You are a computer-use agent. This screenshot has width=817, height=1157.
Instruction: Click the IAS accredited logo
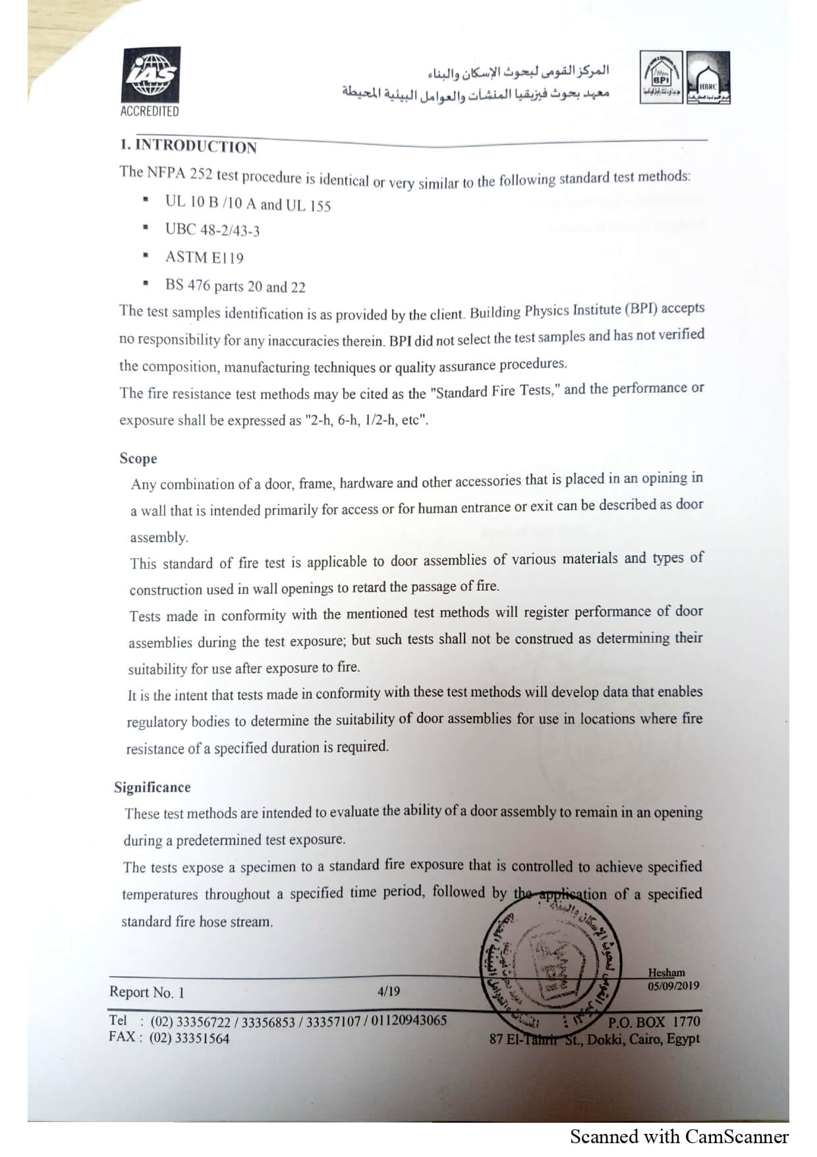pos(151,75)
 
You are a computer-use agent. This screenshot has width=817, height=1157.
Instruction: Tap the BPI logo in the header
pos(661,78)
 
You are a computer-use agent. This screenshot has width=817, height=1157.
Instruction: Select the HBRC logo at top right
pos(708,78)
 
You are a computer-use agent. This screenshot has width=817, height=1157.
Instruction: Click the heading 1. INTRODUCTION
pos(188,146)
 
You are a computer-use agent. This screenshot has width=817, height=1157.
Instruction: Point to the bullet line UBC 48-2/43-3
pos(212,230)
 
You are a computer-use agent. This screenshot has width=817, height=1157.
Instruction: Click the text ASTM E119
pos(204,258)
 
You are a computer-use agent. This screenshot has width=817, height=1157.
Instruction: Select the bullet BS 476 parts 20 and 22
pos(235,286)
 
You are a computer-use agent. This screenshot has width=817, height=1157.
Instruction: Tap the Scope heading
pos(138,458)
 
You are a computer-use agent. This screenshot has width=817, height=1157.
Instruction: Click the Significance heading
pos(152,787)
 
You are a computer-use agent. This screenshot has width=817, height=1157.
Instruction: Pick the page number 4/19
pos(389,991)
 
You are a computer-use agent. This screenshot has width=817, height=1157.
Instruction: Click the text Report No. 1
pos(147,992)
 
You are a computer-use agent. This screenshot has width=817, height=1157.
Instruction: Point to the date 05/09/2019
pos(673,986)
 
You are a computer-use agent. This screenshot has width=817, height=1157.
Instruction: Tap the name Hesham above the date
pos(666,972)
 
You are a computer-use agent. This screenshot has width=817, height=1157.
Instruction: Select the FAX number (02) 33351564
pos(190,1038)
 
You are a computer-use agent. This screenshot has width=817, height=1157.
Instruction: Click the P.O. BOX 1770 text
pos(654,1022)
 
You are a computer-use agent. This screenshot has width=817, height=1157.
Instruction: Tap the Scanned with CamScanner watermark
pos(679,1137)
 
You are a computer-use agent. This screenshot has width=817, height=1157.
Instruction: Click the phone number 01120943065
pos(408,1021)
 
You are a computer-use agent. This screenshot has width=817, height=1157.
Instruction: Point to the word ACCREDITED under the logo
pos(150,111)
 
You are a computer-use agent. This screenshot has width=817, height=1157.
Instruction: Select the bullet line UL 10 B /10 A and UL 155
pos(248,204)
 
